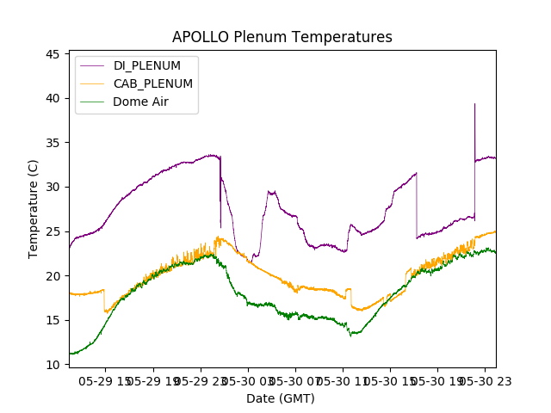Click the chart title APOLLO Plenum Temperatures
click(282, 37)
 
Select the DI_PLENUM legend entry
click(146, 65)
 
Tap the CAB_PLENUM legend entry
click(152, 83)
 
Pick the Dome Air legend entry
click(140, 102)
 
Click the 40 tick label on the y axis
click(53, 98)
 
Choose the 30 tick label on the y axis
click(53, 187)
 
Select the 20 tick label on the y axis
click(53, 276)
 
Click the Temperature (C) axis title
click(34, 209)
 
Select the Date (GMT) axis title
click(281, 398)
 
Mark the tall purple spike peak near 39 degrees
click(474, 104)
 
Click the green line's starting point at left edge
click(71, 353)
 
